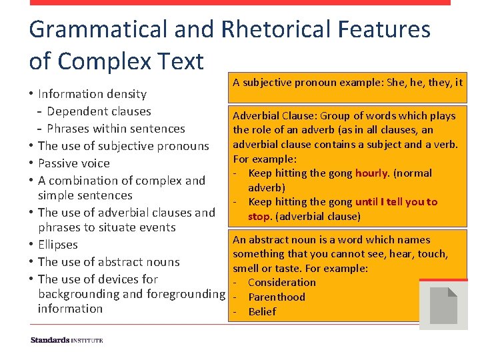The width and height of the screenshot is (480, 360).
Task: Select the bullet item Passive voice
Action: (74, 163)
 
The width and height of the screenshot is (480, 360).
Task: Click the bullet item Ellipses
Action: (58, 245)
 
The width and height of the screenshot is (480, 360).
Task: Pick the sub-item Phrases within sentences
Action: (116, 129)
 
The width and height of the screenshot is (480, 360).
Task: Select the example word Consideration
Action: (282, 283)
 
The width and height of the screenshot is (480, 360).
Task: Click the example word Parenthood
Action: (277, 297)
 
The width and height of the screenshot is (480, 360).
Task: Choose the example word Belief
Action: (262, 312)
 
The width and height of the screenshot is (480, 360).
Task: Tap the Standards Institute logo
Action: (67, 340)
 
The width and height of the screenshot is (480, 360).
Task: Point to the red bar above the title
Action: (240, 3)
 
